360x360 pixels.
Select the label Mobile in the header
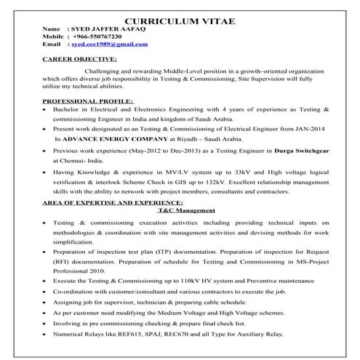click(54, 36)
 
